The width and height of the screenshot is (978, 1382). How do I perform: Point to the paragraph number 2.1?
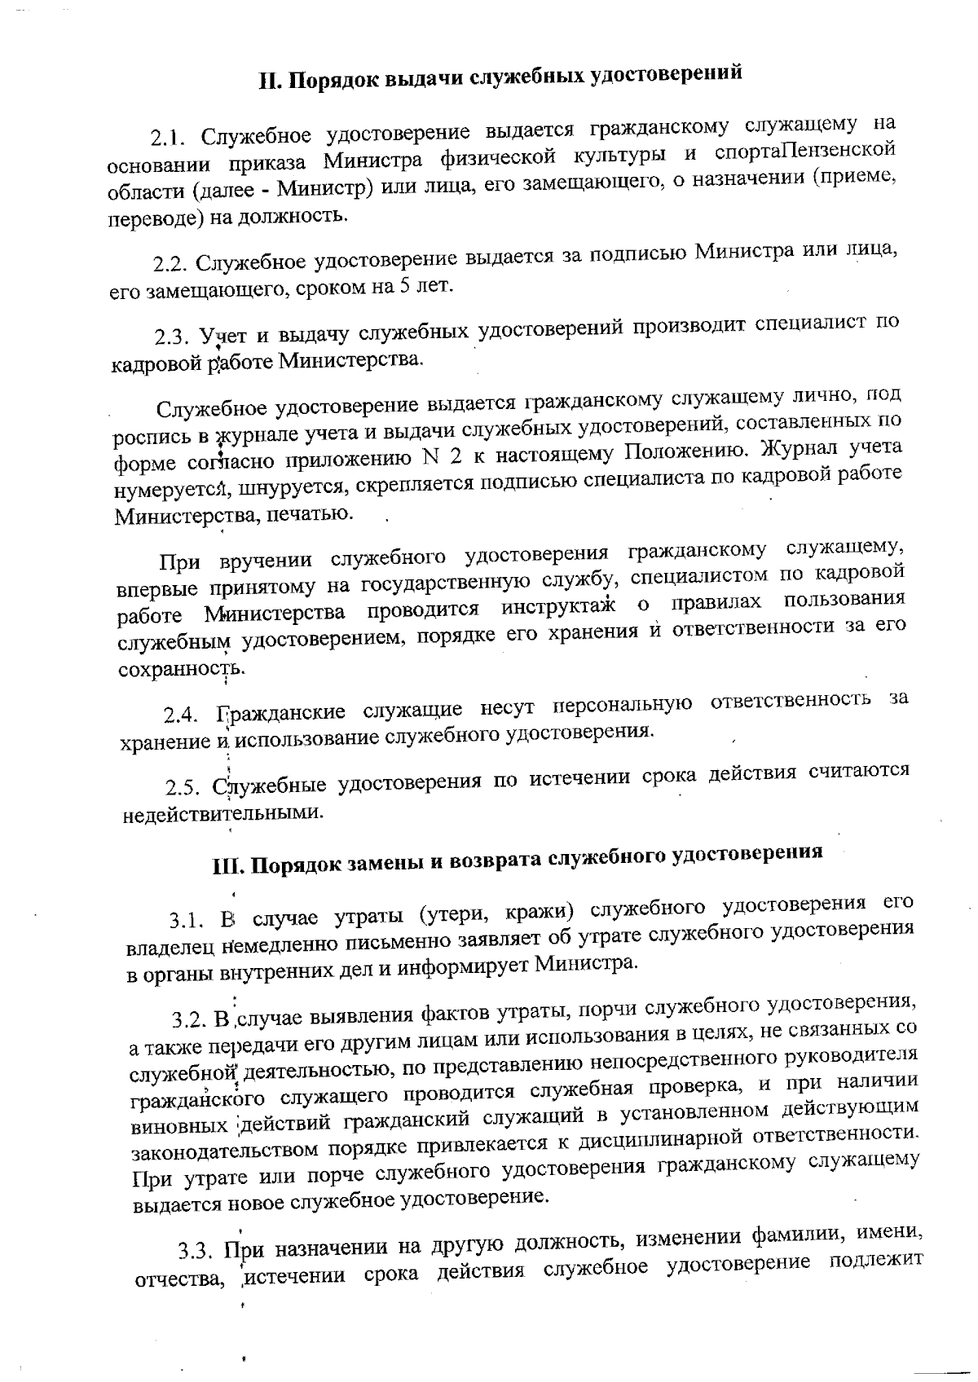pos(168,137)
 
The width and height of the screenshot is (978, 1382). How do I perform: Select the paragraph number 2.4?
pos(180,716)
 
